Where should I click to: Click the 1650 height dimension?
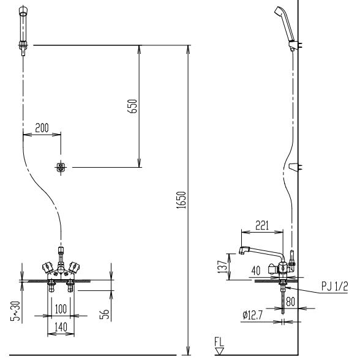(x=182, y=200)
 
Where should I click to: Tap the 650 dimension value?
(x=132, y=106)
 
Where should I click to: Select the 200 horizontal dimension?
(x=42, y=128)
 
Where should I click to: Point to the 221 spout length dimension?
(x=262, y=225)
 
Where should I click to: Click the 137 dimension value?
(x=222, y=266)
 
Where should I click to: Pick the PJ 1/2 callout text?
(x=335, y=286)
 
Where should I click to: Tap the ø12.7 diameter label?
(x=252, y=315)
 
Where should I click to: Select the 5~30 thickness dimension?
(x=17, y=310)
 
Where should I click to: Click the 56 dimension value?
(x=105, y=314)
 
